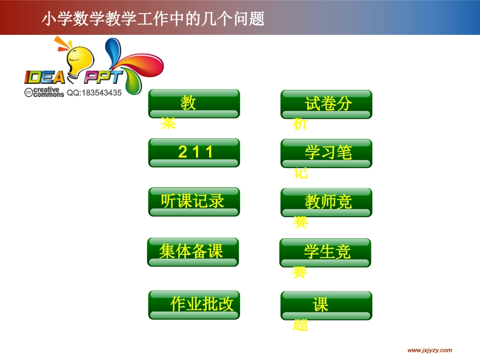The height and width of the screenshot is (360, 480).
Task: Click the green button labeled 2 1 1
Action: (194, 152)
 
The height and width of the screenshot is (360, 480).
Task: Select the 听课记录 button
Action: (194, 202)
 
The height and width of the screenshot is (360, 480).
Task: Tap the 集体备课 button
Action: (193, 251)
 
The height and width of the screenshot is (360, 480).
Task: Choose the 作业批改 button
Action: (194, 305)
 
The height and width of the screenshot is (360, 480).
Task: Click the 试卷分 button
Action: (326, 104)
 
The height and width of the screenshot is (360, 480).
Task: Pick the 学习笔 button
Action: (326, 153)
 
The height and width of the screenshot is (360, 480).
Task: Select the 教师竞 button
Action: (326, 202)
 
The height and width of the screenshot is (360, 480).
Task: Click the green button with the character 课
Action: (326, 305)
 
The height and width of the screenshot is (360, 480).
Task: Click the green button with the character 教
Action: (194, 104)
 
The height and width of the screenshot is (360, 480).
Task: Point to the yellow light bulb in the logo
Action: (79, 59)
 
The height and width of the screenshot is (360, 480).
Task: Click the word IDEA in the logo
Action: (44, 77)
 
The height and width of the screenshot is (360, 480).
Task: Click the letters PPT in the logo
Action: (103, 77)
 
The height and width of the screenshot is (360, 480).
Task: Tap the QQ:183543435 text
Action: (94, 93)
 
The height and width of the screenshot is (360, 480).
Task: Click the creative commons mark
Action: (44, 92)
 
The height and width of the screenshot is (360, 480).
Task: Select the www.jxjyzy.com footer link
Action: (429, 350)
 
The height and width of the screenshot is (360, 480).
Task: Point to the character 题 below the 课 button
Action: (300, 326)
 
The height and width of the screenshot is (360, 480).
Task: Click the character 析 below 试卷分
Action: (300, 124)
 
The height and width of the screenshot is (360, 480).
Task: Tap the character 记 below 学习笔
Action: (301, 173)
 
